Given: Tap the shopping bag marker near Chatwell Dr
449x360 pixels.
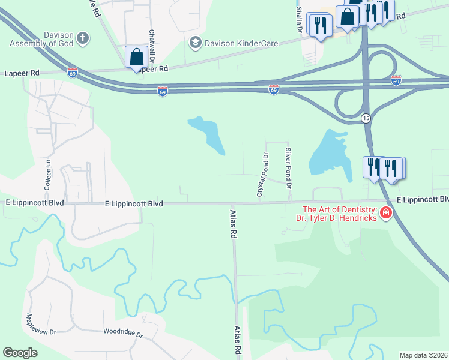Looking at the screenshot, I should tap(137, 58).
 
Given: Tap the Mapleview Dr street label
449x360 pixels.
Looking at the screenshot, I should tap(41, 324).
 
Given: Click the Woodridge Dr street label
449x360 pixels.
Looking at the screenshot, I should tap(123, 332).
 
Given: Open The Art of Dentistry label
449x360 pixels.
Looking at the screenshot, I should tap(339, 214).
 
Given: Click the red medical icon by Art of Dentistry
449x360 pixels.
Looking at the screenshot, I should tap(385, 213).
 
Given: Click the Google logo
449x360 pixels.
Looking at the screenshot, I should tap(20, 353).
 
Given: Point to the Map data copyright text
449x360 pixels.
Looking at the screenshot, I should tap(423, 355).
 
